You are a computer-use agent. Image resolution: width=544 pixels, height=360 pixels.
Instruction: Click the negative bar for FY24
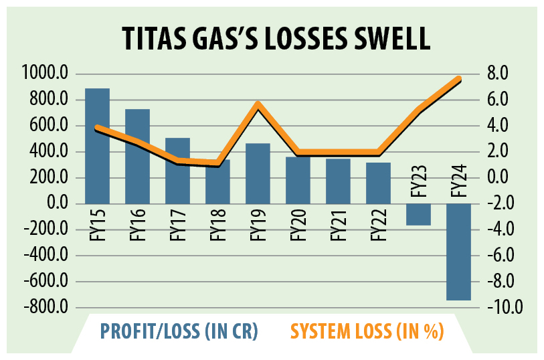[x=458, y=252]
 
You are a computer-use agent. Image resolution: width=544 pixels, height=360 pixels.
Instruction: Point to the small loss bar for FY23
[x=418, y=214]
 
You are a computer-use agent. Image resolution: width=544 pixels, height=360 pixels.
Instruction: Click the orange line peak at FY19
[x=258, y=104]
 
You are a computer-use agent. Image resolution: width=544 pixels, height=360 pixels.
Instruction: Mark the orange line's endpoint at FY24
[x=458, y=80]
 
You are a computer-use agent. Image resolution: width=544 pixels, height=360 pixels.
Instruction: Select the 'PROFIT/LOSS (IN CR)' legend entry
[x=179, y=331]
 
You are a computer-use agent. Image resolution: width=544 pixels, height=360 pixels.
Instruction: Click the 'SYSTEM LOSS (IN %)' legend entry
[x=368, y=331]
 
